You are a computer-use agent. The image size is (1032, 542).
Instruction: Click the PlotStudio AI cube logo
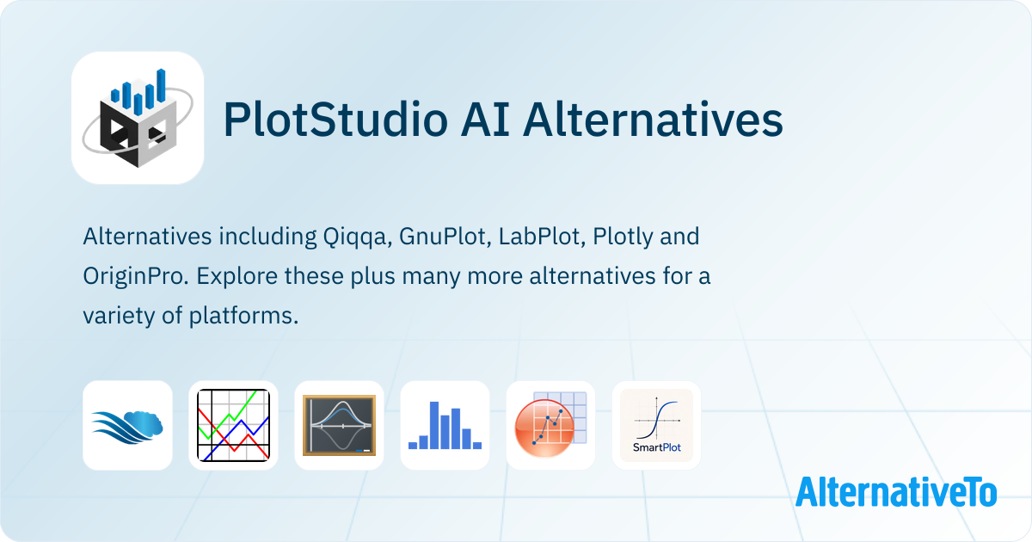(138, 118)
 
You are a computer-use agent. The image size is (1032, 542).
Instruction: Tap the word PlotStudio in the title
(335, 120)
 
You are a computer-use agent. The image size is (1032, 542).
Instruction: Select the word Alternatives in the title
(653, 120)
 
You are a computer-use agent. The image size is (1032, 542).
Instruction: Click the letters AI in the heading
(485, 120)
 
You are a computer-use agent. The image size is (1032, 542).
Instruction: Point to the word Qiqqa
(357, 237)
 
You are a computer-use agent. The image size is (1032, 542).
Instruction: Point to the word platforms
(243, 317)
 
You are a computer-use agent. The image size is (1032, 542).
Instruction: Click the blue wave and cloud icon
(127, 425)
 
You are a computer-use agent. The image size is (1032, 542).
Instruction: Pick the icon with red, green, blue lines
(234, 425)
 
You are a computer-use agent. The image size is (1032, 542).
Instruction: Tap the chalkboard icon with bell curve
(339, 425)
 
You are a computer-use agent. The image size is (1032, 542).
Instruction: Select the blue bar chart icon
(445, 425)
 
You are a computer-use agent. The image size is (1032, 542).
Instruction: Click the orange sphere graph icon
(551, 425)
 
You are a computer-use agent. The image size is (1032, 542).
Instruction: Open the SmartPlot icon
(656, 425)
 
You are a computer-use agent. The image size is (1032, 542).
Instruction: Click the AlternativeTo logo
(896, 492)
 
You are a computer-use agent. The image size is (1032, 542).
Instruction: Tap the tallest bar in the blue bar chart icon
(434, 425)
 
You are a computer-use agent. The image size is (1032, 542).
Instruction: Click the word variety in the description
(119, 317)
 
